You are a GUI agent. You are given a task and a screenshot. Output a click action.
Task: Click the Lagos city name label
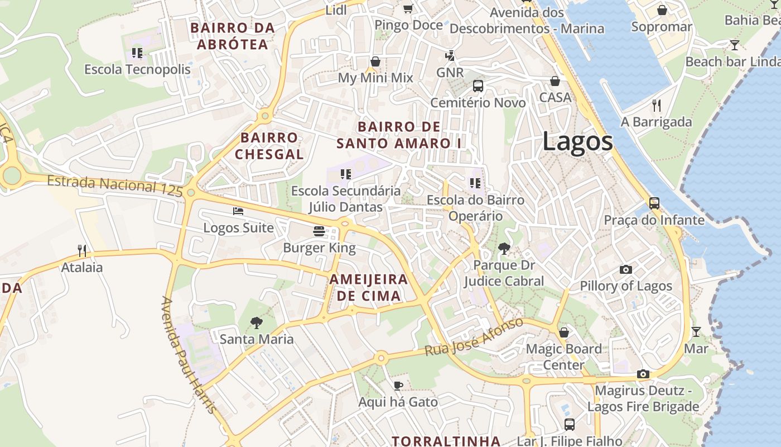point(577,142)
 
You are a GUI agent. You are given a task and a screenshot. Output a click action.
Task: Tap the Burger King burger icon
point(319,231)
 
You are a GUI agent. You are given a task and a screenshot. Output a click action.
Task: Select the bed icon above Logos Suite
point(238,211)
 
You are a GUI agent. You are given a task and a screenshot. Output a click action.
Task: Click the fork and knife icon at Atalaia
point(82,250)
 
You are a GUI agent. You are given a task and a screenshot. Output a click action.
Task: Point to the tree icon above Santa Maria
point(257,322)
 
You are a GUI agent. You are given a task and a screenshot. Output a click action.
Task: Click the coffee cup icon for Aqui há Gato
point(398,386)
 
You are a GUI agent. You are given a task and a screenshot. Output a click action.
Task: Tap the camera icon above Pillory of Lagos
point(626,270)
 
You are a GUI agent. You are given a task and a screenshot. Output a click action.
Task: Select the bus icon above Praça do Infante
point(654,203)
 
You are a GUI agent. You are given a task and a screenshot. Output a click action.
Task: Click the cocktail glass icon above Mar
point(696,332)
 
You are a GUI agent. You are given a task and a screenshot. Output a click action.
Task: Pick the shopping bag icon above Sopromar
point(662,10)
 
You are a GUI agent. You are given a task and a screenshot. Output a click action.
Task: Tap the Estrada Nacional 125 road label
point(115,185)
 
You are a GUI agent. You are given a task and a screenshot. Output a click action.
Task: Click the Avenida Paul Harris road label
point(188,355)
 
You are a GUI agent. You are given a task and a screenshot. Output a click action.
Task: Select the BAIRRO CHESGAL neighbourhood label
point(269,146)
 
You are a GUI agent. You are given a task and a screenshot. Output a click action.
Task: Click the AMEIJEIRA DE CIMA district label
point(369,287)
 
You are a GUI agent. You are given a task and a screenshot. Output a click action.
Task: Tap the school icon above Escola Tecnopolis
point(137,53)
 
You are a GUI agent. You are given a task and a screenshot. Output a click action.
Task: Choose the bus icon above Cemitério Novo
point(478,86)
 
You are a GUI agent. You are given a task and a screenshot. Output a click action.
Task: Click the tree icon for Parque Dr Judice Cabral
point(504,248)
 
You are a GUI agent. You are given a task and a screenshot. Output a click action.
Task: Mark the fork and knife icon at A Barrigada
point(657,105)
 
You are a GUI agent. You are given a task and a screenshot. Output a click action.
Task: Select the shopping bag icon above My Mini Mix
point(375,61)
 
